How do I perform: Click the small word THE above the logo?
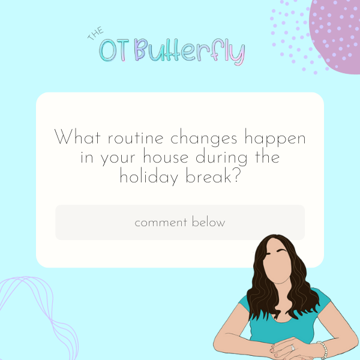click(x=95, y=34)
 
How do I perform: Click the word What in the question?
click(x=77, y=137)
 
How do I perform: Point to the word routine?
click(x=136, y=138)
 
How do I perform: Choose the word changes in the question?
click(x=203, y=139)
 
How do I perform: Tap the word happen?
click(x=275, y=139)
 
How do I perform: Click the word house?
click(x=166, y=157)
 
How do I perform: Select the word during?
click(x=221, y=157)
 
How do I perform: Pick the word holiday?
click(x=149, y=176)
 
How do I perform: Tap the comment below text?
click(x=180, y=222)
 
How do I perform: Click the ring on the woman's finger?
click(x=293, y=347)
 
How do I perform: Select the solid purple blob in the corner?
click(x=335, y=34)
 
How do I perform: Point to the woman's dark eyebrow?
click(x=282, y=250)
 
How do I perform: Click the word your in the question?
click(x=118, y=158)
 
